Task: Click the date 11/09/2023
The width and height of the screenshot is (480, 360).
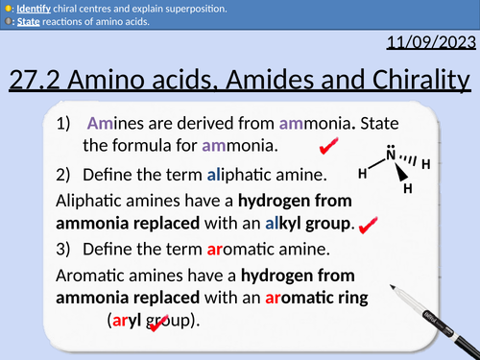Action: [x=430, y=43]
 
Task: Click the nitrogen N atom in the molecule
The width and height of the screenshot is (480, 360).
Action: [x=390, y=155]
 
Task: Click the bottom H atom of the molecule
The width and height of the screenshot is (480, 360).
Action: [x=407, y=189]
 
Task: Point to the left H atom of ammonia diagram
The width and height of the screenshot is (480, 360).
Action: [x=362, y=174]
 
